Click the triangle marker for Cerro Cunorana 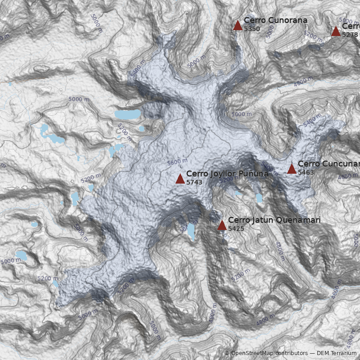click(x=238, y=26)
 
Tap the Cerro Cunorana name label click(x=275, y=20)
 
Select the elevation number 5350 click(x=252, y=29)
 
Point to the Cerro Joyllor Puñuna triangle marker click(x=180, y=179)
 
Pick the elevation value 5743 click(x=194, y=182)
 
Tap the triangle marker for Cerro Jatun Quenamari click(x=222, y=225)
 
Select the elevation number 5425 click(x=236, y=229)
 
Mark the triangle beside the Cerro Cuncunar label click(x=292, y=169)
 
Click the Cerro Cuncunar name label click(x=328, y=164)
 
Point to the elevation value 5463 click(x=306, y=172)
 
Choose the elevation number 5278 click(x=350, y=35)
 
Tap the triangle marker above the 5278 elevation click(x=336, y=31)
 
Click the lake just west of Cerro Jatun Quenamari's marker click(x=191, y=232)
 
